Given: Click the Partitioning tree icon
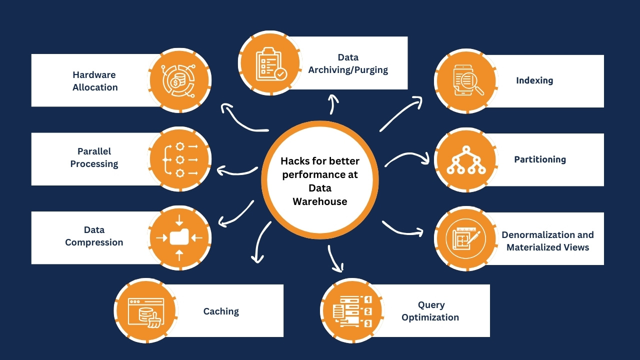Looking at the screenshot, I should [465, 159].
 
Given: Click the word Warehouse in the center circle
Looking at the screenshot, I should [320, 201].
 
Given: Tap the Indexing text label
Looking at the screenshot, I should [534, 80].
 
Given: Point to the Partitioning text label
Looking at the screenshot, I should [540, 159].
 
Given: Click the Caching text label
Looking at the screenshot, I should [221, 311].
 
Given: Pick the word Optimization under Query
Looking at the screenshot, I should [430, 317].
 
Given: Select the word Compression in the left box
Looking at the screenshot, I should [94, 242].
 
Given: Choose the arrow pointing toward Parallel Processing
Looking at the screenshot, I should [235, 171].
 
